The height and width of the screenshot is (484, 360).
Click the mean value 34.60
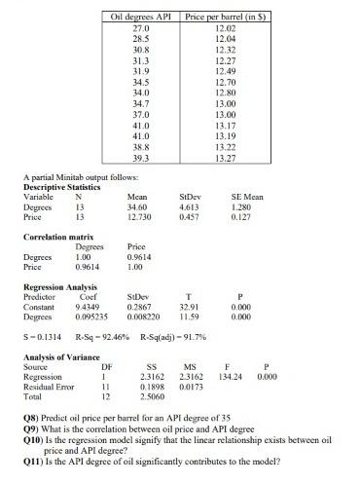point(137,207)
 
